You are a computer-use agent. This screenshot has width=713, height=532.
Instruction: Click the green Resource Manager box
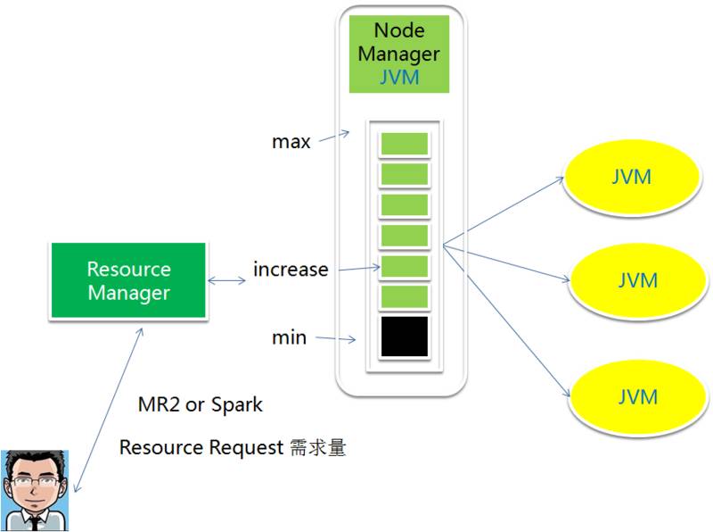coord(129,279)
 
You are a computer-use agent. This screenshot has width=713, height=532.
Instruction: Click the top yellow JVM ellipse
coord(632,177)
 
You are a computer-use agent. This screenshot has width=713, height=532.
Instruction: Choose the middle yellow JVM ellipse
coord(637,280)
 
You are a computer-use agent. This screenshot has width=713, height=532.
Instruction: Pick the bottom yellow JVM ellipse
coord(637,396)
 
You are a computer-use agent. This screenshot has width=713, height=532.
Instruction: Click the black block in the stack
coord(405,337)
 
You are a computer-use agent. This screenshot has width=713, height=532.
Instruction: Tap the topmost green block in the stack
coord(405,144)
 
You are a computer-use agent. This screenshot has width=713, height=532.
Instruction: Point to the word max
coord(292,141)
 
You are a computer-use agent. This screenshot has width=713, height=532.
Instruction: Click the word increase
coord(291,269)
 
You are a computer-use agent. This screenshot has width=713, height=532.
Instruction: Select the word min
coord(290,337)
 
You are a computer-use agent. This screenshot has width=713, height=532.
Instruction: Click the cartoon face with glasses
coord(37,488)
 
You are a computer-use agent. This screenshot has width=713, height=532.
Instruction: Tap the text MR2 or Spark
coord(201,404)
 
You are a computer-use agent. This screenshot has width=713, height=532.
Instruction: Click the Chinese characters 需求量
coord(317,448)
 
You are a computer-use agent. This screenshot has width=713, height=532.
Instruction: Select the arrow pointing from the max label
coord(335,135)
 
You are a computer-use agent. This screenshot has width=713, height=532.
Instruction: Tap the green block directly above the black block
coord(405,297)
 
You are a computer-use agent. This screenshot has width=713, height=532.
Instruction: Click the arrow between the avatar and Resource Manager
coord(110,409)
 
